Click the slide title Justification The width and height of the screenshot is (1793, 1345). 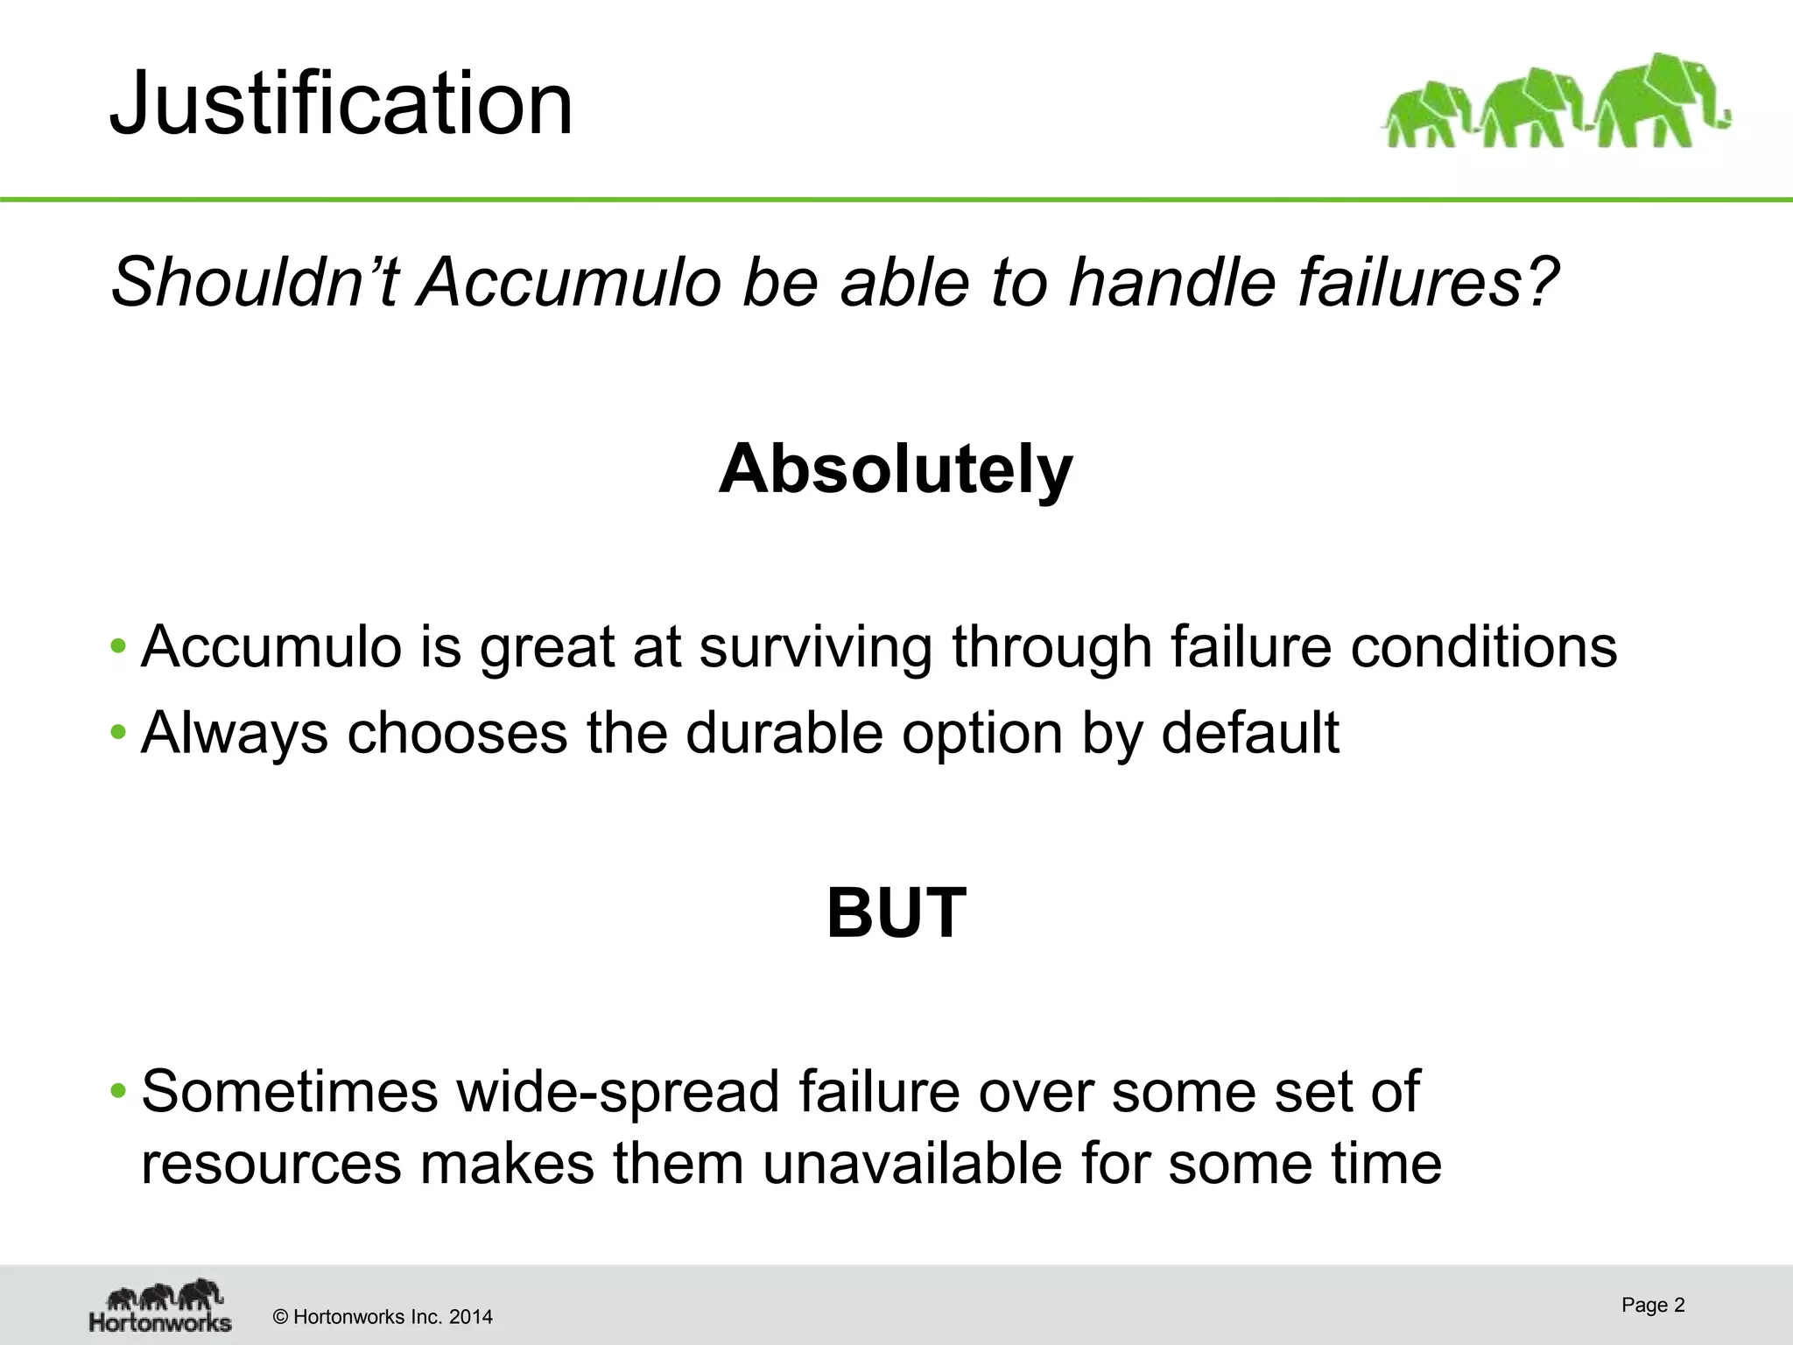[341, 104]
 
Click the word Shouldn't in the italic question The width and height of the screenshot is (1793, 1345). [255, 282]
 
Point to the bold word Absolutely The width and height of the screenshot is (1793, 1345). [896, 469]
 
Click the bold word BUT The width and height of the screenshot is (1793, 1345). [896, 912]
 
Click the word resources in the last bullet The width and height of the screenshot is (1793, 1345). [271, 1164]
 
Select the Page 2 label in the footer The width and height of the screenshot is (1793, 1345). [1653, 1305]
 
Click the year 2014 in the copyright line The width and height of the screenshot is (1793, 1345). [470, 1317]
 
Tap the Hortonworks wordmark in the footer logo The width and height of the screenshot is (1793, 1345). [160, 1320]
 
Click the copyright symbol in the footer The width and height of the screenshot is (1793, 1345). [281, 1317]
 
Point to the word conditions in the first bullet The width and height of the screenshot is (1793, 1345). [1483, 648]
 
